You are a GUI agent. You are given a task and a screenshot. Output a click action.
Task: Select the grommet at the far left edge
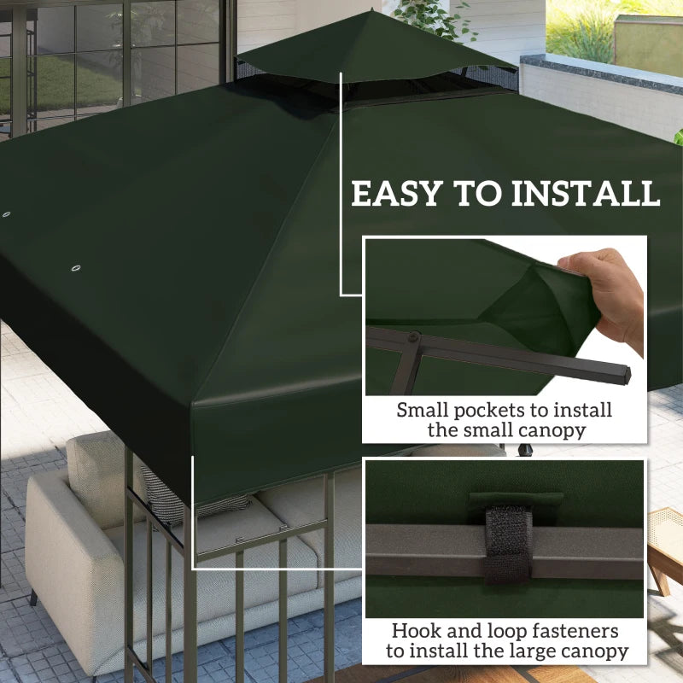[x=6, y=214]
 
